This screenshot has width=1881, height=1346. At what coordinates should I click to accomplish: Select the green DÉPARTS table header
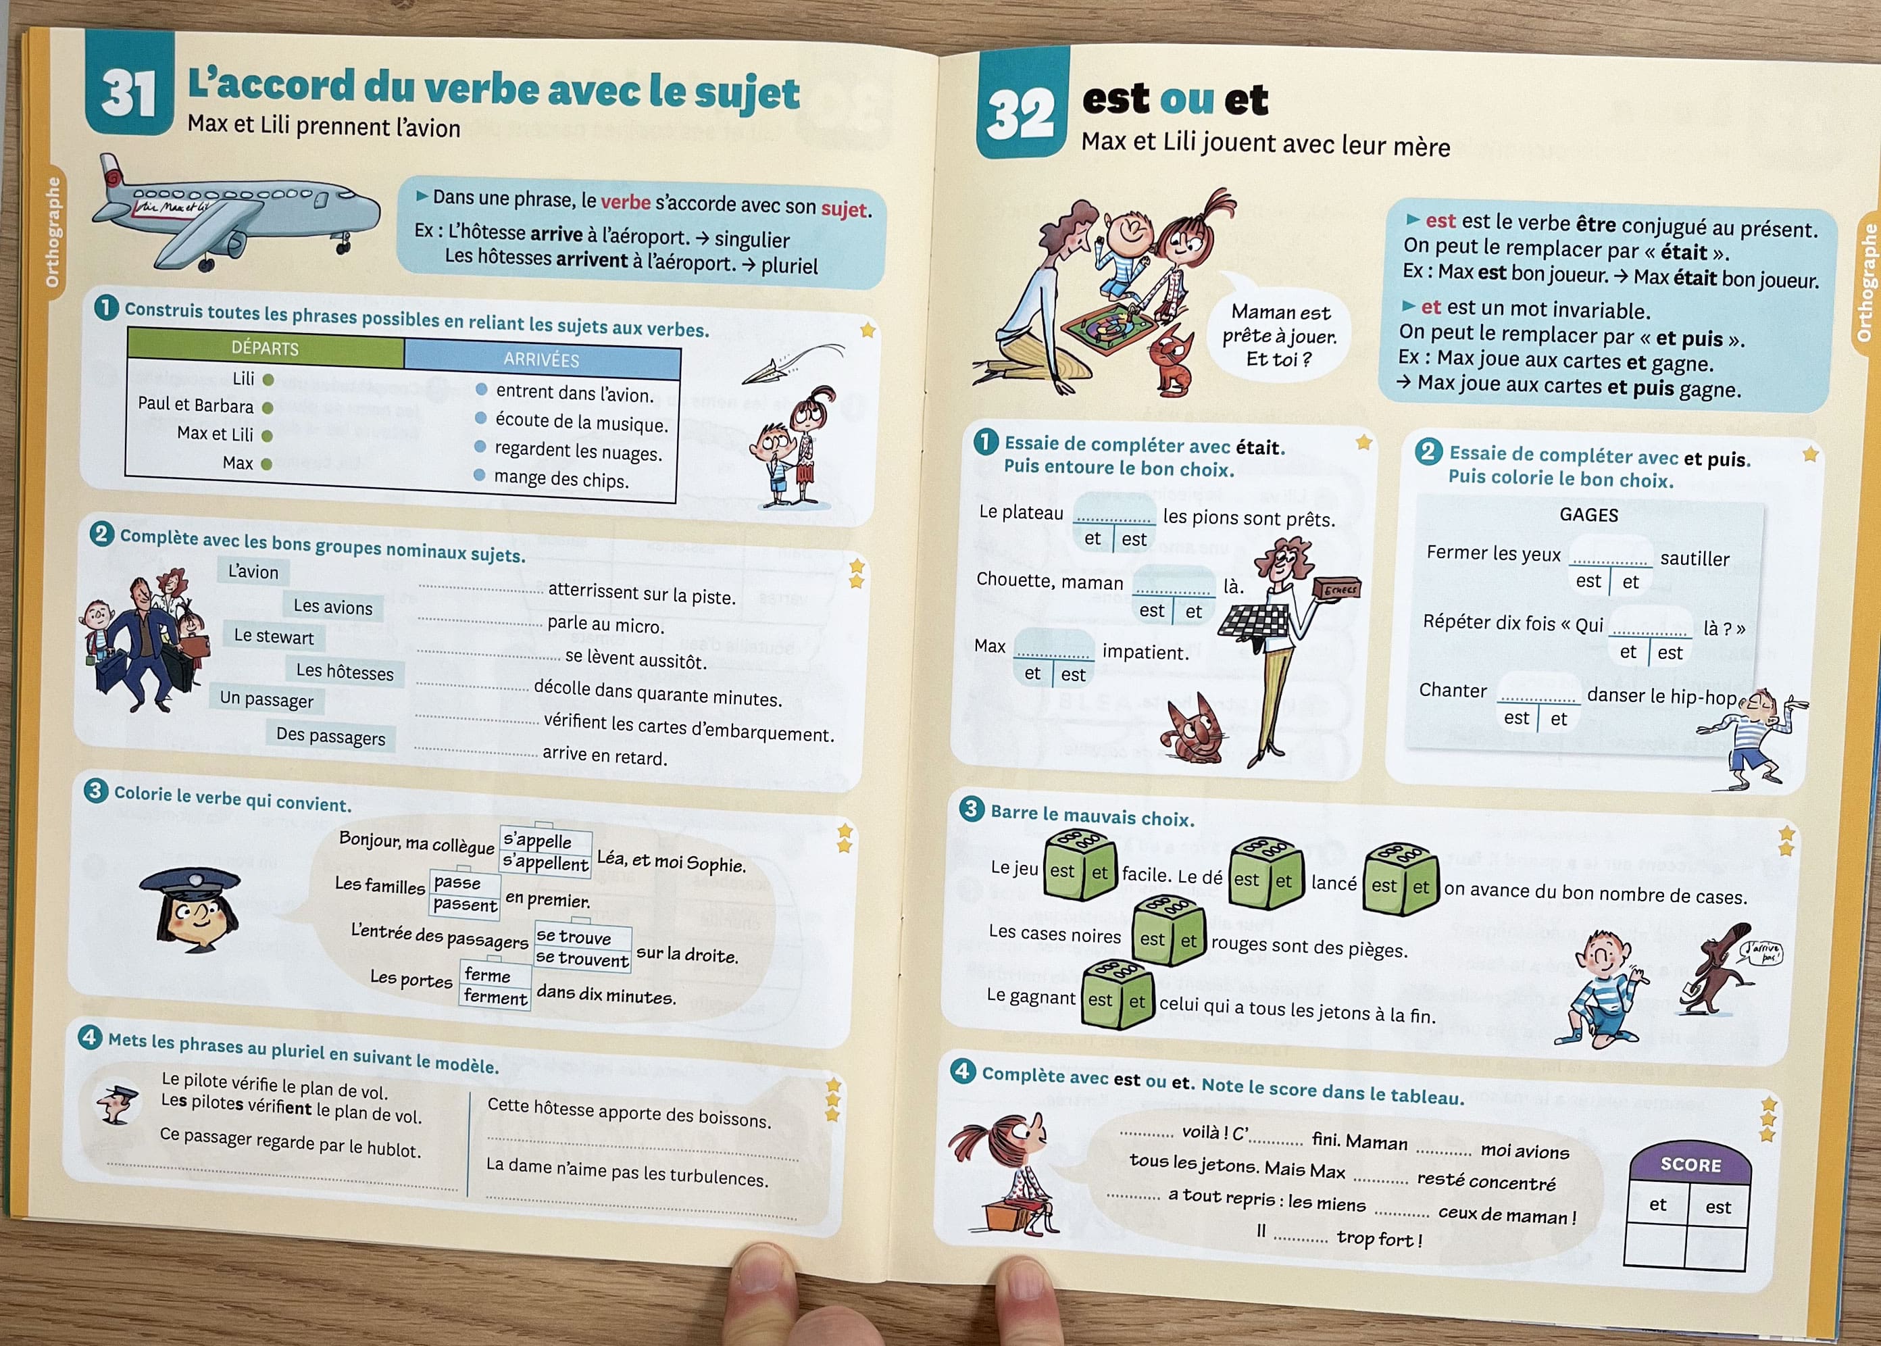click(265, 348)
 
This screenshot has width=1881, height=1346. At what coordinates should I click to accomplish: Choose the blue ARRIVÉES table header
click(542, 359)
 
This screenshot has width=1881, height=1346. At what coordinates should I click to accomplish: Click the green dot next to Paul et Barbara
click(268, 407)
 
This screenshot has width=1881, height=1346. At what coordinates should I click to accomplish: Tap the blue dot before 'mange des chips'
click(479, 475)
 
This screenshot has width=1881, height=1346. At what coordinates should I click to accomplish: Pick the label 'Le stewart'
click(274, 637)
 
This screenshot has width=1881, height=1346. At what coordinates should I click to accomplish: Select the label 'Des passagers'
click(330, 735)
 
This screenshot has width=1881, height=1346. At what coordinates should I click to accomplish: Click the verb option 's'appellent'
click(545, 863)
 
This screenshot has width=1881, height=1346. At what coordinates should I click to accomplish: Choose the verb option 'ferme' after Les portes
click(487, 974)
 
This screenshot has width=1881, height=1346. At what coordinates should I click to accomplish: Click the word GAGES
click(1588, 515)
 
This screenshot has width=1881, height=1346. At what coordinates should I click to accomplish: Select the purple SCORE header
click(1690, 1164)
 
